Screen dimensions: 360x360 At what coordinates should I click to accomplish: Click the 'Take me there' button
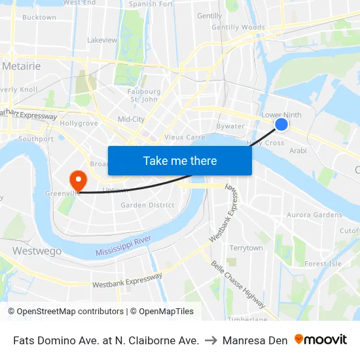pos(180,160)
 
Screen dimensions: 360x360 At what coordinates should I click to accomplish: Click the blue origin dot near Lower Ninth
pos(281,124)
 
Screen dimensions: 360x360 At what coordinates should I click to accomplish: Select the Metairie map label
pos(22,66)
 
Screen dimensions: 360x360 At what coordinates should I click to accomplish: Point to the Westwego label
pos(37,251)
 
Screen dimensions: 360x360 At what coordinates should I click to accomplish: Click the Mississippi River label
pos(123,247)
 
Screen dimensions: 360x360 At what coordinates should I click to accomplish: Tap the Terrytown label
pos(245,248)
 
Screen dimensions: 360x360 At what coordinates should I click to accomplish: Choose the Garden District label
pos(147,205)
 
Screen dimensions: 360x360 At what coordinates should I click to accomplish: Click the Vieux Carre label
pos(185,137)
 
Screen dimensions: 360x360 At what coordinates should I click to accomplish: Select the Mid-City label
pos(131,119)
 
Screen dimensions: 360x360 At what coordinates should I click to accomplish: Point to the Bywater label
pos(230,126)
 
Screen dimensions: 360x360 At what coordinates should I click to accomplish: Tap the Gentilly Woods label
pos(238,27)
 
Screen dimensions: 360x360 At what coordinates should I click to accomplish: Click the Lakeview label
pos(102,40)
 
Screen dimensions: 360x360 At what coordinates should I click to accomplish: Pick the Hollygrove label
pos(79,123)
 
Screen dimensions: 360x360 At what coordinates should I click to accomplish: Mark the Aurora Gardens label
pos(314,215)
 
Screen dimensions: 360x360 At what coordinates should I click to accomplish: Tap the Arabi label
pos(298,151)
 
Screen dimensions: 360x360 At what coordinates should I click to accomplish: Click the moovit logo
pos(321,340)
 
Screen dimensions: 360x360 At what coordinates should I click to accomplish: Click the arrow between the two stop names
pos(211,340)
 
